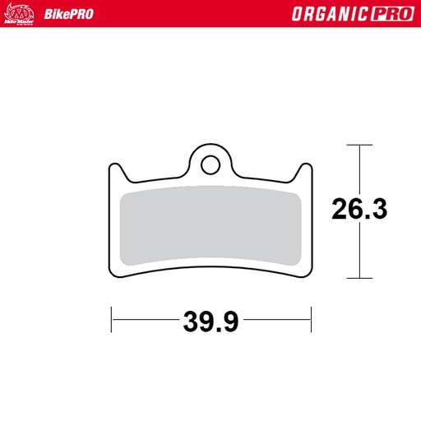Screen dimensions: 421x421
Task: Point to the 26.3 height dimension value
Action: (x=359, y=210)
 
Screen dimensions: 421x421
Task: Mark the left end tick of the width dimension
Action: (x=111, y=320)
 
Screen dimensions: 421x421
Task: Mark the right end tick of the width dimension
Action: (x=311, y=320)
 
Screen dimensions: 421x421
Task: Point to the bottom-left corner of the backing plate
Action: (x=115, y=272)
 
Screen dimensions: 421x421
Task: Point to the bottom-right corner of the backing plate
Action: (x=307, y=272)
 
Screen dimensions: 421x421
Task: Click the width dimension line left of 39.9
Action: (x=144, y=320)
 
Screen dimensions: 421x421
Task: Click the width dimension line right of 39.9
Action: (x=275, y=320)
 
